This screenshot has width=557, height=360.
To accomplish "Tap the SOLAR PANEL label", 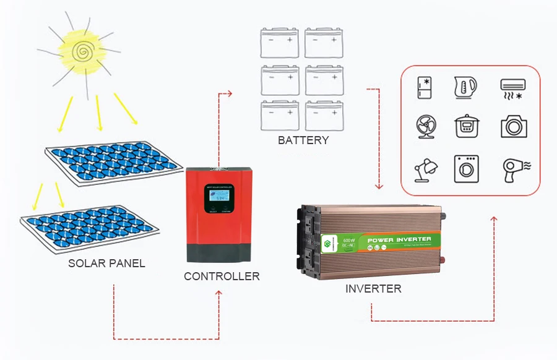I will (106, 264).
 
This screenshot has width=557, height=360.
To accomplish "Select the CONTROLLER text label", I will (222, 276).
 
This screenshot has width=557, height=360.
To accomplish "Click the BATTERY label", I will (303, 140).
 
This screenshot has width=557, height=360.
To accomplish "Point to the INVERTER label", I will (373, 289).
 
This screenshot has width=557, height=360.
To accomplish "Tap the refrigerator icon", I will (424, 88).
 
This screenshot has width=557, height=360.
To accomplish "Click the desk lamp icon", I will (425, 168).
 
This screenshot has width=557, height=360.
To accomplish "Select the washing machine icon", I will (466, 168).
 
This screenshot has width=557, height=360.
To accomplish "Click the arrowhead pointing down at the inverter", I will (379, 186).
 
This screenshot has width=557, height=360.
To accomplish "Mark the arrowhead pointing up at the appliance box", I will (494, 218).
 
